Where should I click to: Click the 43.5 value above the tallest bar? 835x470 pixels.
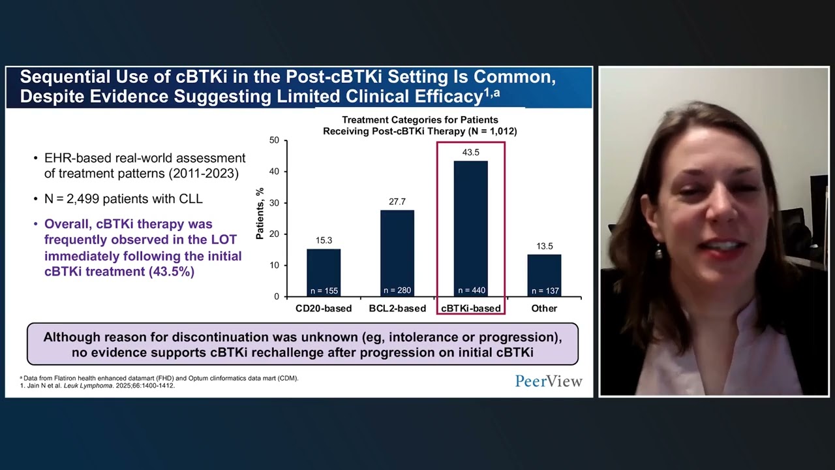[470, 152]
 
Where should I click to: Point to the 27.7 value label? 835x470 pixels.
[397, 202]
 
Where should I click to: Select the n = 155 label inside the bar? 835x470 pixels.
[324, 290]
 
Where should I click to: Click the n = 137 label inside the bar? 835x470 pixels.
[544, 290]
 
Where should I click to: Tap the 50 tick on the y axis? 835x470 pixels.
[274, 140]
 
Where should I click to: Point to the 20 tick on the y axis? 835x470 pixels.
[274, 234]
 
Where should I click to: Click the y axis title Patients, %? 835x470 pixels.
[260, 213]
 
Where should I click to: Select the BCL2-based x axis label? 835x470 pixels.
[397, 308]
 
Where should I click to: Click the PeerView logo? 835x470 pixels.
[548, 381]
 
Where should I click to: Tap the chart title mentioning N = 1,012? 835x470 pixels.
[419, 125]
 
